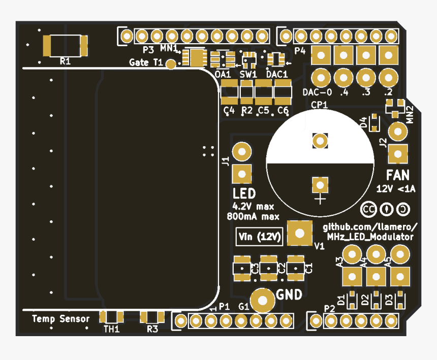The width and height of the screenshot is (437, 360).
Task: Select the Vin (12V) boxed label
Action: pos(259,237)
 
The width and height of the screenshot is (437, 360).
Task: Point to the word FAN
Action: pos(397,176)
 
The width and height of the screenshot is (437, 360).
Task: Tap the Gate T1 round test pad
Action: pos(171,64)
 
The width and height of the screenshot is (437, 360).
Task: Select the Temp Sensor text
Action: pos(60,319)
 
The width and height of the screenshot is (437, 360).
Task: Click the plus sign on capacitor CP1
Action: pos(320,199)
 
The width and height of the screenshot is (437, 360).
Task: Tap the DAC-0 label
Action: pos(317,92)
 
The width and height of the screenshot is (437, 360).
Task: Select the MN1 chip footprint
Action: pos(195,57)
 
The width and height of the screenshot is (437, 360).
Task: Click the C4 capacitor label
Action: pos(229,110)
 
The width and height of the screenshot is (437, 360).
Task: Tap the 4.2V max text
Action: pos(253,207)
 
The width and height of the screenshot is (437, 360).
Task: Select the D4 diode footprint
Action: pos(374,122)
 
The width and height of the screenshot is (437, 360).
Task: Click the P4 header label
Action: pos(300,51)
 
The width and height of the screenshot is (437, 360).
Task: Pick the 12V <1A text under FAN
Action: pos(396,189)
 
